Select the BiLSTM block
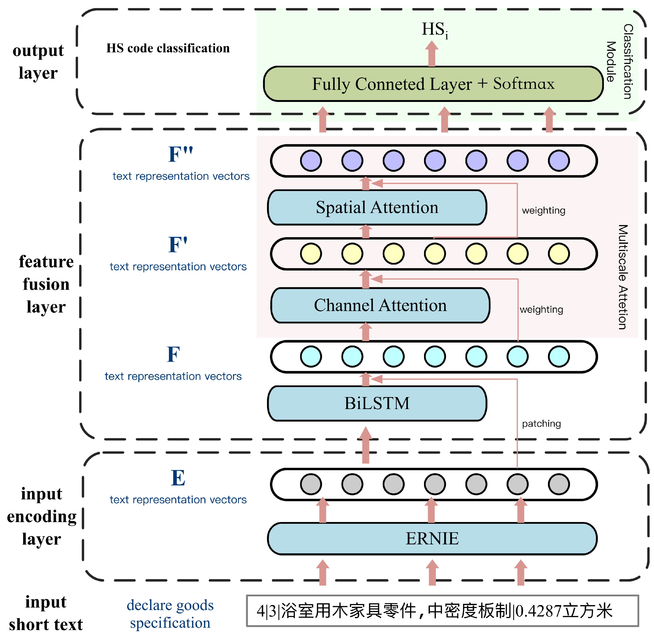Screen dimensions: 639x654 377,403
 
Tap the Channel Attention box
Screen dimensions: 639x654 380,305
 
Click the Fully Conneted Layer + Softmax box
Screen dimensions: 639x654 433,84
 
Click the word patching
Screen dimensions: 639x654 541,424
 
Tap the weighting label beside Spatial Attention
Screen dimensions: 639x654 543,211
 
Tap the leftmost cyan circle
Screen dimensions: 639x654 311,356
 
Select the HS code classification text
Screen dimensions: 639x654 168,48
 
